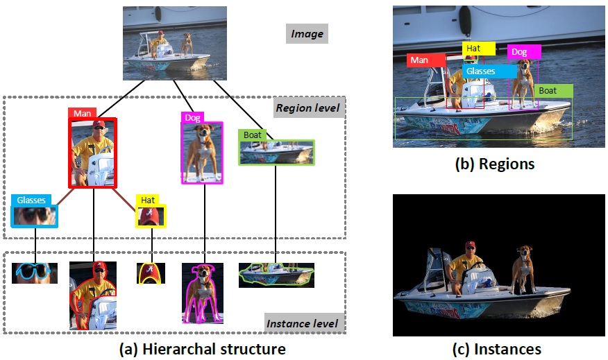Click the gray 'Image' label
[306, 33]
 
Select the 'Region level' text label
[307, 108]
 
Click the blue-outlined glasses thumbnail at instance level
[35, 272]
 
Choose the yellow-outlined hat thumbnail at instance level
[151, 273]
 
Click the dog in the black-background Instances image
[521, 270]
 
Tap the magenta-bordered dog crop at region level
[202, 153]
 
